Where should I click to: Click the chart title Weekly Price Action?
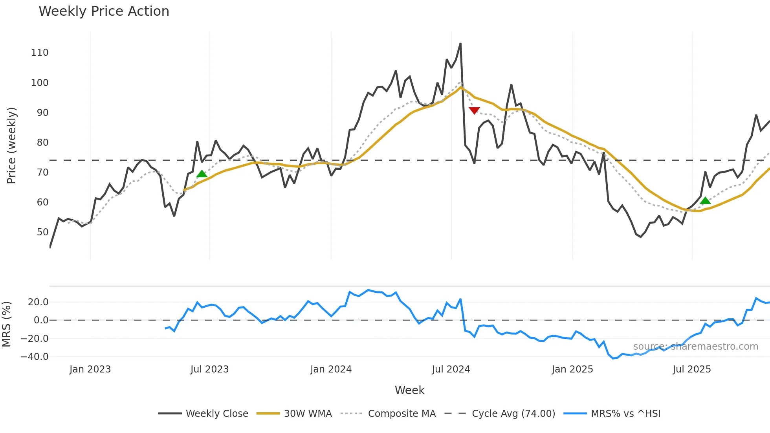pyautogui.click(x=104, y=11)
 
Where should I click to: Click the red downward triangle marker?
pyautogui.click(x=474, y=110)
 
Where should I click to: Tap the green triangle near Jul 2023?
pyautogui.click(x=202, y=174)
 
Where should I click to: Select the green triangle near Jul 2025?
pyautogui.click(x=705, y=201)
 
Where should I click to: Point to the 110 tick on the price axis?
pyautogui.click(x=40, y=53)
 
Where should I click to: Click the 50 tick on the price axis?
pyautogui.click(x=42, y=232)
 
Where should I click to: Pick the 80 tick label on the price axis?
pyautogui.click(x=42, y=143)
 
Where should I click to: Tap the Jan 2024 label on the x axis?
pyautogui.click(x=331, y=369)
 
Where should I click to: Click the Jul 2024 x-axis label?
pyautogui.click(x=451, y=369)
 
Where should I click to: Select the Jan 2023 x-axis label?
pyautogui.click(x=90, y=369)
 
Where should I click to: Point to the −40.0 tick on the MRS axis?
pyautogui.click(x=35, y=357)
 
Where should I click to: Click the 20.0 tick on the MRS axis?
pyautogui.click(x=38, y=302)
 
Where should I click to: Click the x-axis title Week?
pyautogui.click(x=409, y=390)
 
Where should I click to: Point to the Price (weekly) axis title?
pyautogui.click(x=11, y=145)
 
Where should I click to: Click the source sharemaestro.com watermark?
pyautogui.click(x=695, y=347)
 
